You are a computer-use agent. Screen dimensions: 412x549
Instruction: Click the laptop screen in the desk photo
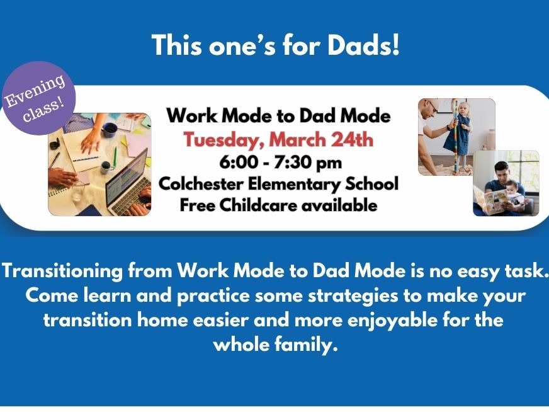(127, 180)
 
